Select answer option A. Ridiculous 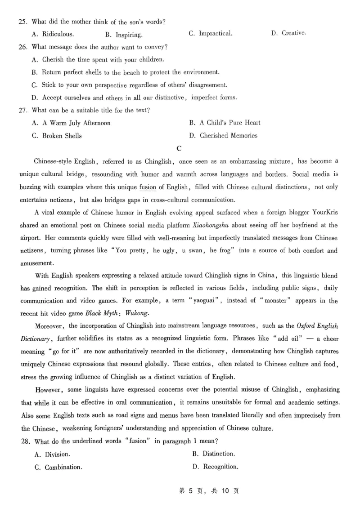tap(53, 34)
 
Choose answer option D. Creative tap(288, 33)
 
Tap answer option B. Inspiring tap(124, 35)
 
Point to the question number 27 tap(23, 110)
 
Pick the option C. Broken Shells tap(57, 136)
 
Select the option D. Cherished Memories tap(223, 135)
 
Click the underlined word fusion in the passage tap(147, 187)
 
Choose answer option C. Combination tap(58, 467)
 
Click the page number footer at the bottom tap(209, 491)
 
